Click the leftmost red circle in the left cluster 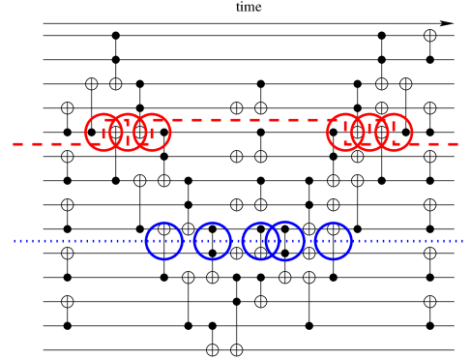point(103,133)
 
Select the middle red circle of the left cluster point(128,133)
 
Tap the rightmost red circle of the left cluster point(152,133)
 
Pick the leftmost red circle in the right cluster point(345,133)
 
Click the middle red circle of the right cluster point(369,133)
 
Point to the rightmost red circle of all point(394,133)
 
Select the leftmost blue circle point(163,241)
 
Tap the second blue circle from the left point(212,241)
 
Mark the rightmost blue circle point(333,241)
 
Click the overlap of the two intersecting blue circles point(273,241)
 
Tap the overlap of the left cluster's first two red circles point(116,133)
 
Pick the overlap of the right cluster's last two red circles point(382,133)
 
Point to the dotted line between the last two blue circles point(308,241)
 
